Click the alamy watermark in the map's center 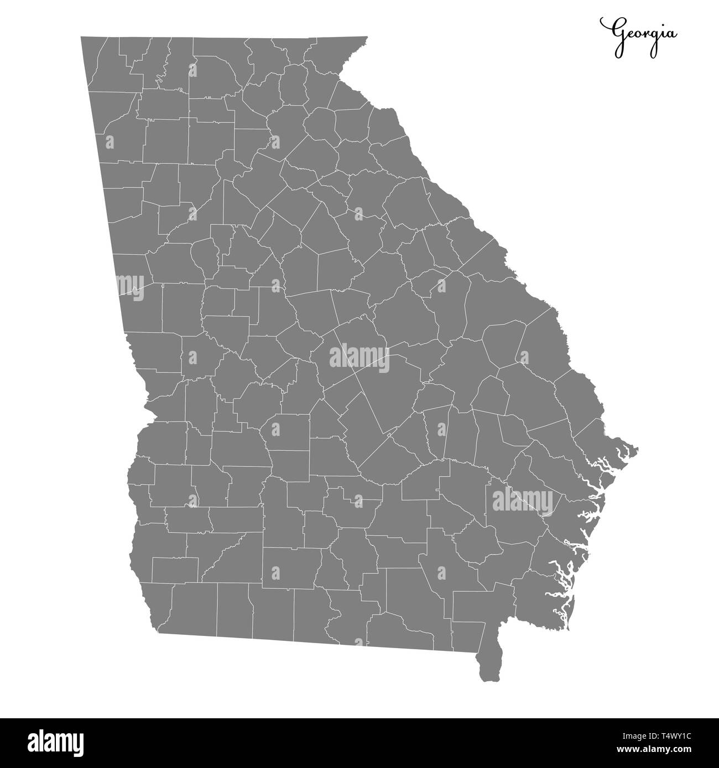359,358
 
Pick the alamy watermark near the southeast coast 522,500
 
